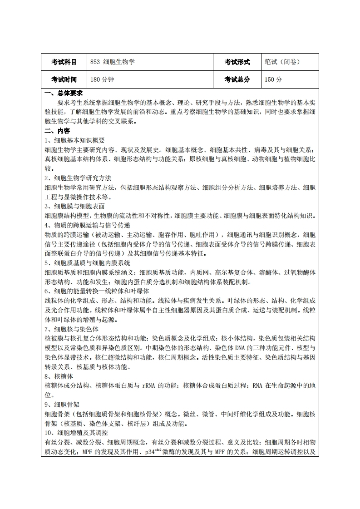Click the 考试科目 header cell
click(64, 62)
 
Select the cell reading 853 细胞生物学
click(113, 62)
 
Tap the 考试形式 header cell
click(237, 62)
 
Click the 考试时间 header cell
click(64, 79)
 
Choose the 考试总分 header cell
click(237, 79)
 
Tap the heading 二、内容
click(58, 131)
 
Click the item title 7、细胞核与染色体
click(71, 328)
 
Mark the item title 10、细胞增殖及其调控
click(78, 433)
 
